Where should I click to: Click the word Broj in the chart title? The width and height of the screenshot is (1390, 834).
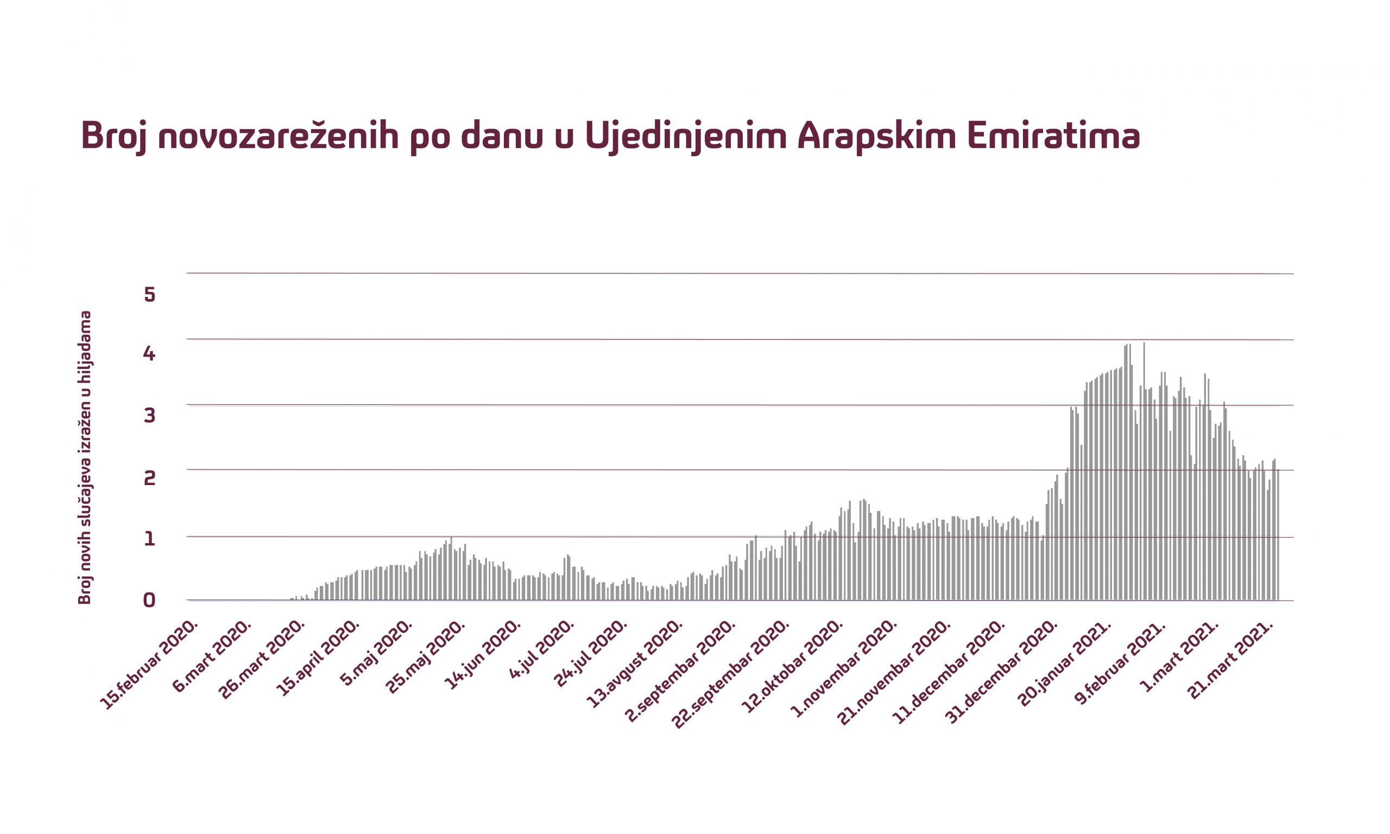pos(113,136)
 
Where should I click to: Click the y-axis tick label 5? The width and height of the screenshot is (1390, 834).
pos(149,295)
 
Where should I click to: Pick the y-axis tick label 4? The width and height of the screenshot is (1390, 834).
pos(149,353)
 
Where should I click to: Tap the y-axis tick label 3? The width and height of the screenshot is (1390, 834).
pos(149,415)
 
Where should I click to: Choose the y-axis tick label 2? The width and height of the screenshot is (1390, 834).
pos(149,478)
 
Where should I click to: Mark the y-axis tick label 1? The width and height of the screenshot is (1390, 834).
pos(149,539)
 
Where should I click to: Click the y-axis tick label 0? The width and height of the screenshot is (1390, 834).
pos(149,601)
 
